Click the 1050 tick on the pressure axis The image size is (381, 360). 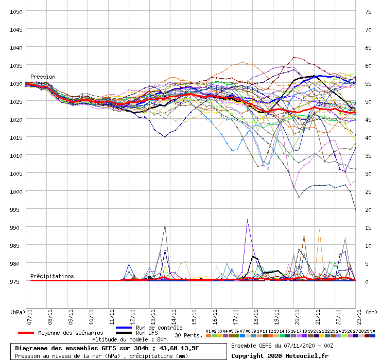click(15, 11)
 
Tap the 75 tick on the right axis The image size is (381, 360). click(368, 11)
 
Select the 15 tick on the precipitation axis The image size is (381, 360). click(368, 227)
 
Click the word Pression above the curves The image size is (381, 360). click(43, 77)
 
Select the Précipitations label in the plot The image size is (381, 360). click(52, 276)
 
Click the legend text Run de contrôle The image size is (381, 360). click(159, 328)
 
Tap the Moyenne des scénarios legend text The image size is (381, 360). click(71, 333)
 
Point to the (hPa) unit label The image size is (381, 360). click(17, 312)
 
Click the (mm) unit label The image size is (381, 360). click(372, 312)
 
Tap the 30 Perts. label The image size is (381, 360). click(188, 335)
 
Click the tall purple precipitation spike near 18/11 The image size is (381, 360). click(248, 220)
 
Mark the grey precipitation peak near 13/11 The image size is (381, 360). click(165, 225)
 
